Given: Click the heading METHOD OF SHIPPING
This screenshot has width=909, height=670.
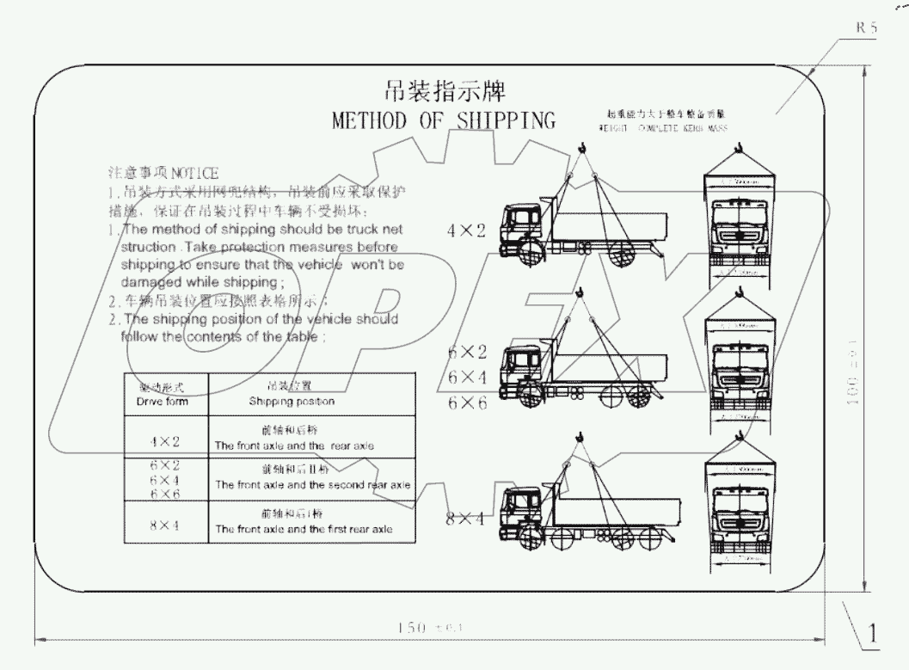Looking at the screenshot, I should tap(444, 120).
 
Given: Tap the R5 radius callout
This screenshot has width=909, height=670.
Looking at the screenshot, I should tap(866, 28).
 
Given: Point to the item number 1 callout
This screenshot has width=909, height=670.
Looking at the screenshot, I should tap(873, 635).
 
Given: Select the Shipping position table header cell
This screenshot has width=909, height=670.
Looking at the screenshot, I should tap(292, 395).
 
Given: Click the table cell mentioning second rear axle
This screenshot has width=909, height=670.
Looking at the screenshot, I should tap(312, 478).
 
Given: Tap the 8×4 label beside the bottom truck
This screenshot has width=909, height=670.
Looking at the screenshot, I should tap(465, 519).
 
